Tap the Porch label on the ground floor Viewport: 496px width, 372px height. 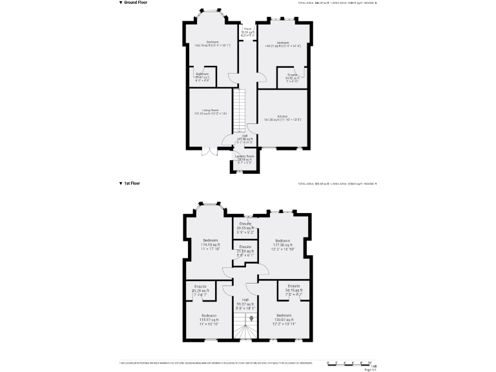(x=248, y=30)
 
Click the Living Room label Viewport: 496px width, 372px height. (x=210, y=112)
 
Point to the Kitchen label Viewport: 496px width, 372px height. (x=282, y=118)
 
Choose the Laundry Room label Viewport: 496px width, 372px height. (x=245, y=158)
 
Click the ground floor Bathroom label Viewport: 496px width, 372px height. (x=202, y=76)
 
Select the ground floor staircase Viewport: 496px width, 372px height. (x=240, y=109)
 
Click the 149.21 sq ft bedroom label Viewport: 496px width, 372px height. (x=282, y=44)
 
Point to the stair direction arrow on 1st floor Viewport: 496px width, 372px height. (x=243, y=318)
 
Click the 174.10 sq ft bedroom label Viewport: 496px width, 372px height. (x=209, y=245)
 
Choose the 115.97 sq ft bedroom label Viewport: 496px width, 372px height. (x=208, y=318)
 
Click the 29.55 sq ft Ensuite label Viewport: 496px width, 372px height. (x=245, y=226)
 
